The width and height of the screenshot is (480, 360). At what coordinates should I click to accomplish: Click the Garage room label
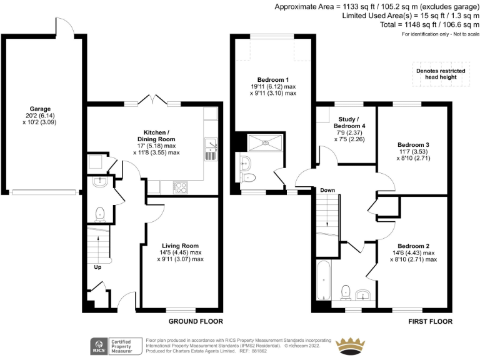point(40,109)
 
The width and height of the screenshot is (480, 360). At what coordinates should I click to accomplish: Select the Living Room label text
point(180,246)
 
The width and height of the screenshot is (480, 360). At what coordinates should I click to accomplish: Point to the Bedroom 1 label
point(273,80)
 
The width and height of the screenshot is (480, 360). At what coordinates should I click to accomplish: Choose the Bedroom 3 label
point(414,145)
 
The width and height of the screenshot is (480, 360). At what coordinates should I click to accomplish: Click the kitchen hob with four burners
point(181,186)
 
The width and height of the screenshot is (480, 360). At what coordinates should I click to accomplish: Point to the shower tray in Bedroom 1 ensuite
point(267,143)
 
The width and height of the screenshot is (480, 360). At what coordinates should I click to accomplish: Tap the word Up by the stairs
point(97,267)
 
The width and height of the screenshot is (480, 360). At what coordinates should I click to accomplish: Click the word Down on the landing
point(327,190)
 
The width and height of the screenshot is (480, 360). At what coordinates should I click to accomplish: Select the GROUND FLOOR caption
point(196,322)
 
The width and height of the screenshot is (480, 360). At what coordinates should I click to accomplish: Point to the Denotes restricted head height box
point(440,74)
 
